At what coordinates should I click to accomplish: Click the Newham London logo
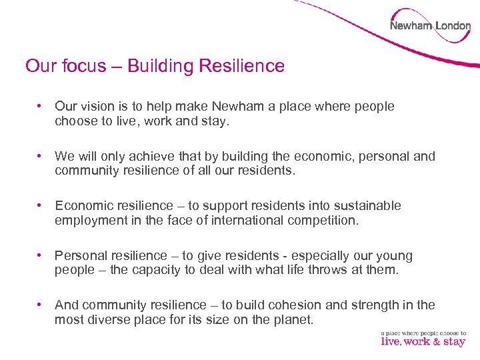(430, 26)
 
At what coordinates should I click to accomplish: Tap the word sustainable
(362, 206)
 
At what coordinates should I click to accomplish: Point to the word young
(395, 256)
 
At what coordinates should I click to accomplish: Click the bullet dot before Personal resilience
(41, 255)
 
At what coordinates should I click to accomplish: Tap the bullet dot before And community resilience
(41, 305)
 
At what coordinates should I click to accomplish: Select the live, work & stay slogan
(423, 339)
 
